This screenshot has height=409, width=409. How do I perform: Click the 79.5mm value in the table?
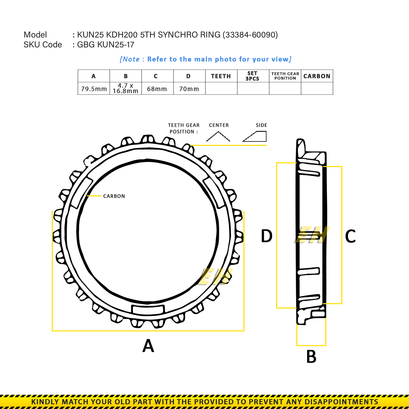click(94, 89)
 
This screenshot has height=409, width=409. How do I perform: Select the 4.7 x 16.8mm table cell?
click(125, 88)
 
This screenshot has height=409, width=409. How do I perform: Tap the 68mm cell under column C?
click(157, 89)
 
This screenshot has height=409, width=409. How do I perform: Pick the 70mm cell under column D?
click(189, 89)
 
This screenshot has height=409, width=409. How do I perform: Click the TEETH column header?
click(221, 76)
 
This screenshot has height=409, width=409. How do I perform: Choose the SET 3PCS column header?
click(253, 76)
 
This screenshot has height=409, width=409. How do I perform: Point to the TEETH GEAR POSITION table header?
click(285, 76)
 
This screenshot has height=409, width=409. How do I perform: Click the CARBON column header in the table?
click(317, 76)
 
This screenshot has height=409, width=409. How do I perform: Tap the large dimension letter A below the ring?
click(148, 346)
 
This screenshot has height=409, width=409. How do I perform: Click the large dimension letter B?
click(311, 357)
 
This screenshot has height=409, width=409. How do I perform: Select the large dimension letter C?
click(350, 236)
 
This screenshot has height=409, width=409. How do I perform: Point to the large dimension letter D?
click(267, 236)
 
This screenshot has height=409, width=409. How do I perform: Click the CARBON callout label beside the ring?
click(114, 196)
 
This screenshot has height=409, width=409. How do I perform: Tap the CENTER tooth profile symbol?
click(218, 137)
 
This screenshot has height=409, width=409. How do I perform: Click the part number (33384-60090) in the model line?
click(250, 35)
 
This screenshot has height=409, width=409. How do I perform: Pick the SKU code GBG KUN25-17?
click(106, 45)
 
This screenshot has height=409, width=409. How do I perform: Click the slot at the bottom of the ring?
click(148, 309)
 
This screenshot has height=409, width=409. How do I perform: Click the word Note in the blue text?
click(131, 59)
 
